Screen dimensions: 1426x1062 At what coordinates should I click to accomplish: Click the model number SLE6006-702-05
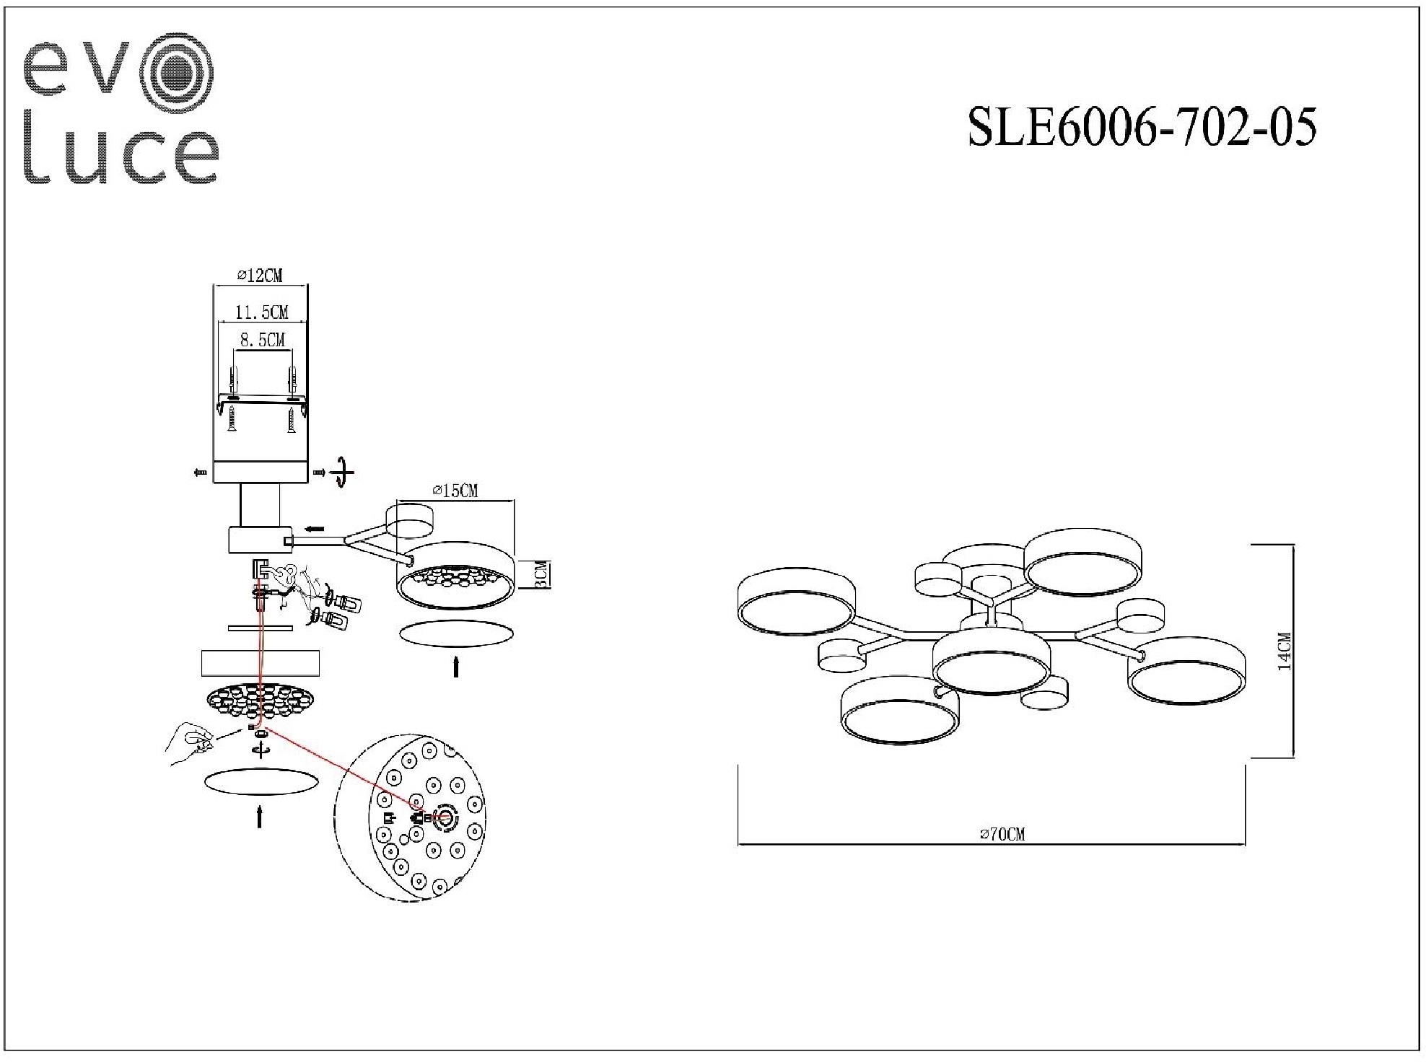click(1142, 127)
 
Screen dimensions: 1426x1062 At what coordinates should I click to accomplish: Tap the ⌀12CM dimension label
click(260, 275)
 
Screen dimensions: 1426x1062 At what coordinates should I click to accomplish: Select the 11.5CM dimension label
click(262, 312)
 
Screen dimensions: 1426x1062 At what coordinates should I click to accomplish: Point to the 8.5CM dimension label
click(263, 339)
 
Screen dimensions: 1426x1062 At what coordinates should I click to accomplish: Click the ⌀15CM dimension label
click(455, 491)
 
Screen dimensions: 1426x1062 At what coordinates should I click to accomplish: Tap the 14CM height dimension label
click(1284, 651)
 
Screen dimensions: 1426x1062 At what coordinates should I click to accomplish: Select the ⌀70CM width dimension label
click(1002, 835)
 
